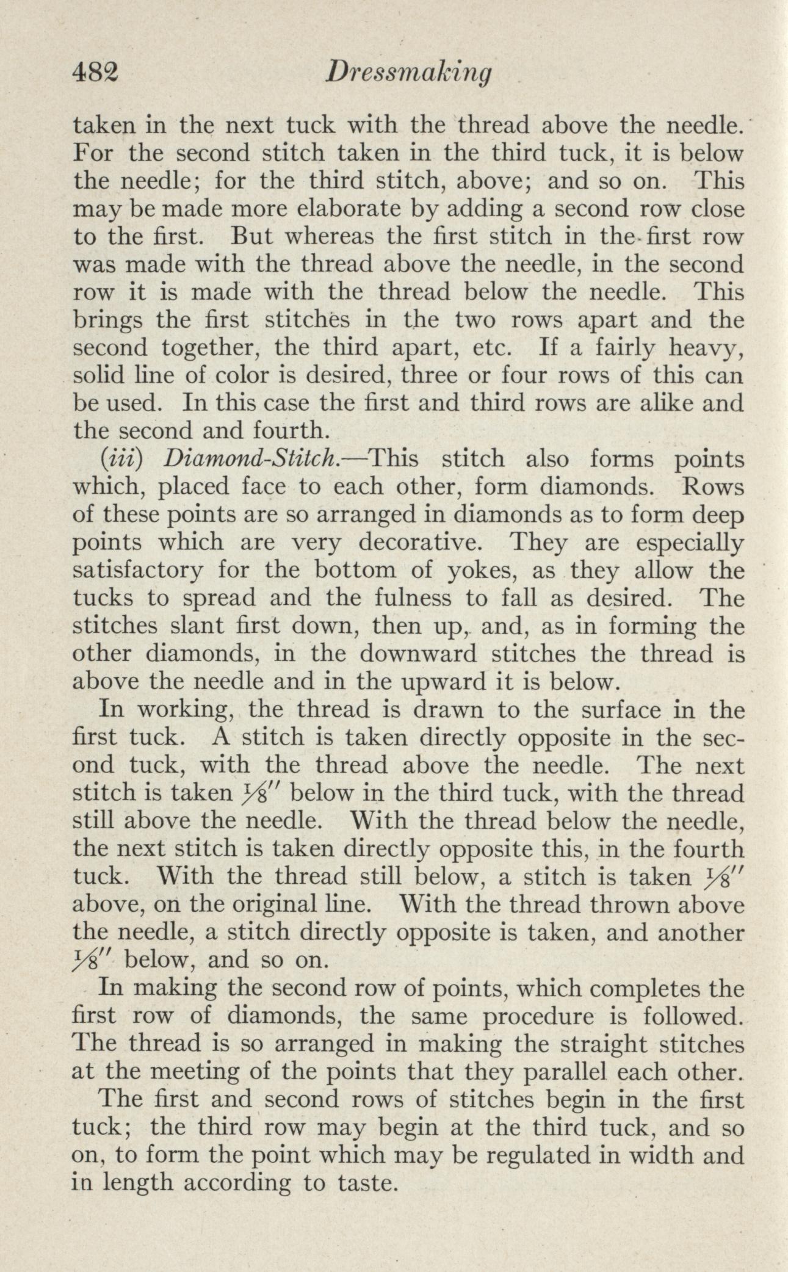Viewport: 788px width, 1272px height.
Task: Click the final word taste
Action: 367,1183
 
